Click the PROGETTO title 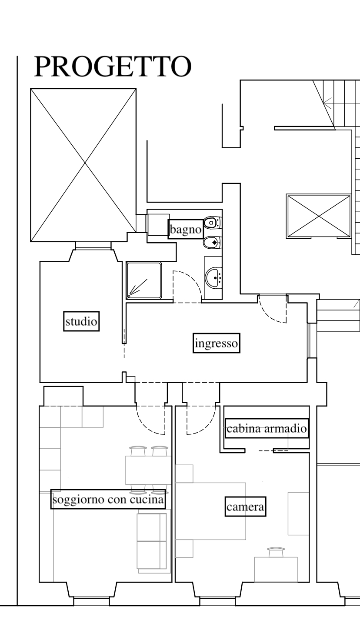(113, 67)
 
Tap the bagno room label (186, 229)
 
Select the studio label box (81, 321)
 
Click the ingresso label (217, 343)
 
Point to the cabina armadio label (267, 428)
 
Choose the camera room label (246, 507)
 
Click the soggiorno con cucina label (108, 499)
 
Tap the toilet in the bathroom (213, 223)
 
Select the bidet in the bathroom (213, 243)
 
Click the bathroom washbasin (214, 277)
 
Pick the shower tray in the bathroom (144, 280)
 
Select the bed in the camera (210, 511)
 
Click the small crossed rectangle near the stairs (319, 217)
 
